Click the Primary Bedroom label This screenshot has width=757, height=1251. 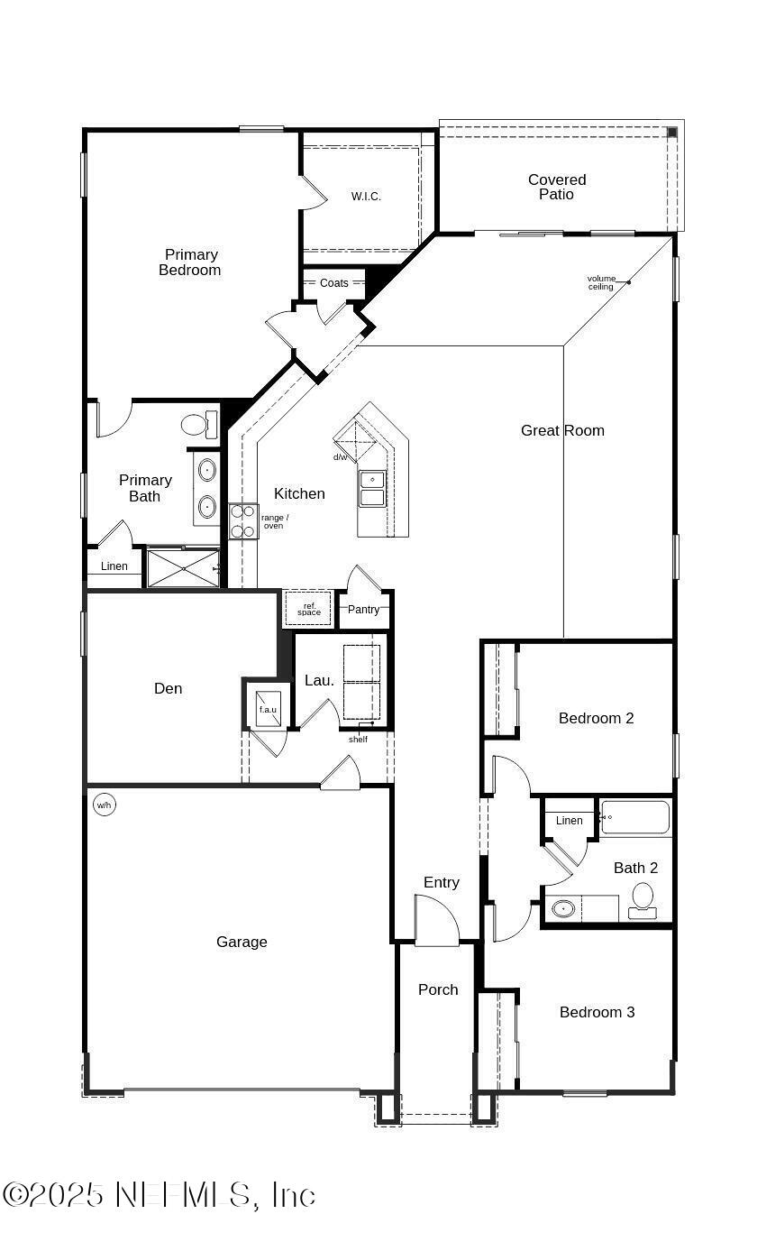(x=190, y=262)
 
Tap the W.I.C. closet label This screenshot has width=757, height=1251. (x=366, y=197)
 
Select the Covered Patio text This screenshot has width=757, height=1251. (x=557, y=187)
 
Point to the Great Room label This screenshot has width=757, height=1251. (x=562, y=431)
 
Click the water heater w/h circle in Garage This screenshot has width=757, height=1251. (x=105, y=805)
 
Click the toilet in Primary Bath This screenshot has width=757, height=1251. (x=198, y=424)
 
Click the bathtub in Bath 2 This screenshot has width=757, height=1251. (x=636, y=817)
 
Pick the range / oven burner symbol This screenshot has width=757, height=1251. (x=243, y=521)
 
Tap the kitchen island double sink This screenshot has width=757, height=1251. (x=371, y=488)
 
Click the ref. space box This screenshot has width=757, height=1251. (x=308, y=609)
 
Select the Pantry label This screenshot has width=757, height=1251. (x=364, y=610)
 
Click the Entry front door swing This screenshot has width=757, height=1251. (x=436, y=922)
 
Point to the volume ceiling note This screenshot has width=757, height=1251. (x=601, y=283)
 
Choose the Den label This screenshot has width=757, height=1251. (x=169, y=689)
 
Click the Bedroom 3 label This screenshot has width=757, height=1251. (x=597, y=1013)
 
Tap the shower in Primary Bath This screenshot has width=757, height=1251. (x=183, y=569)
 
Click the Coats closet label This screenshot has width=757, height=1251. (x=333, y=283)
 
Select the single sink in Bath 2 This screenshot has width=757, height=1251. (x=564, y=908)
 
